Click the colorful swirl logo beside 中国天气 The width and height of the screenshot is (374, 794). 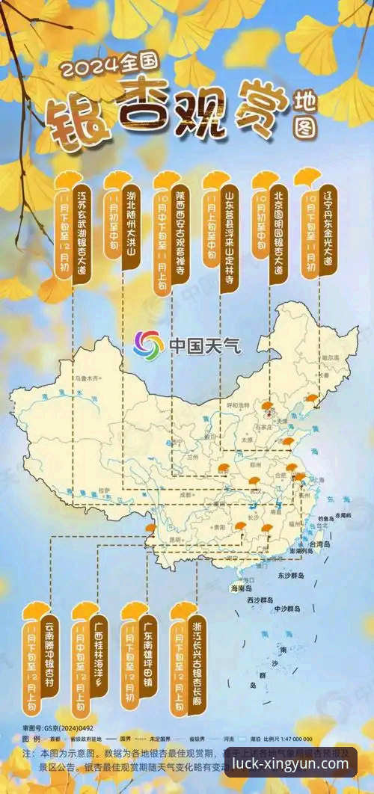tap(148, 345)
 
